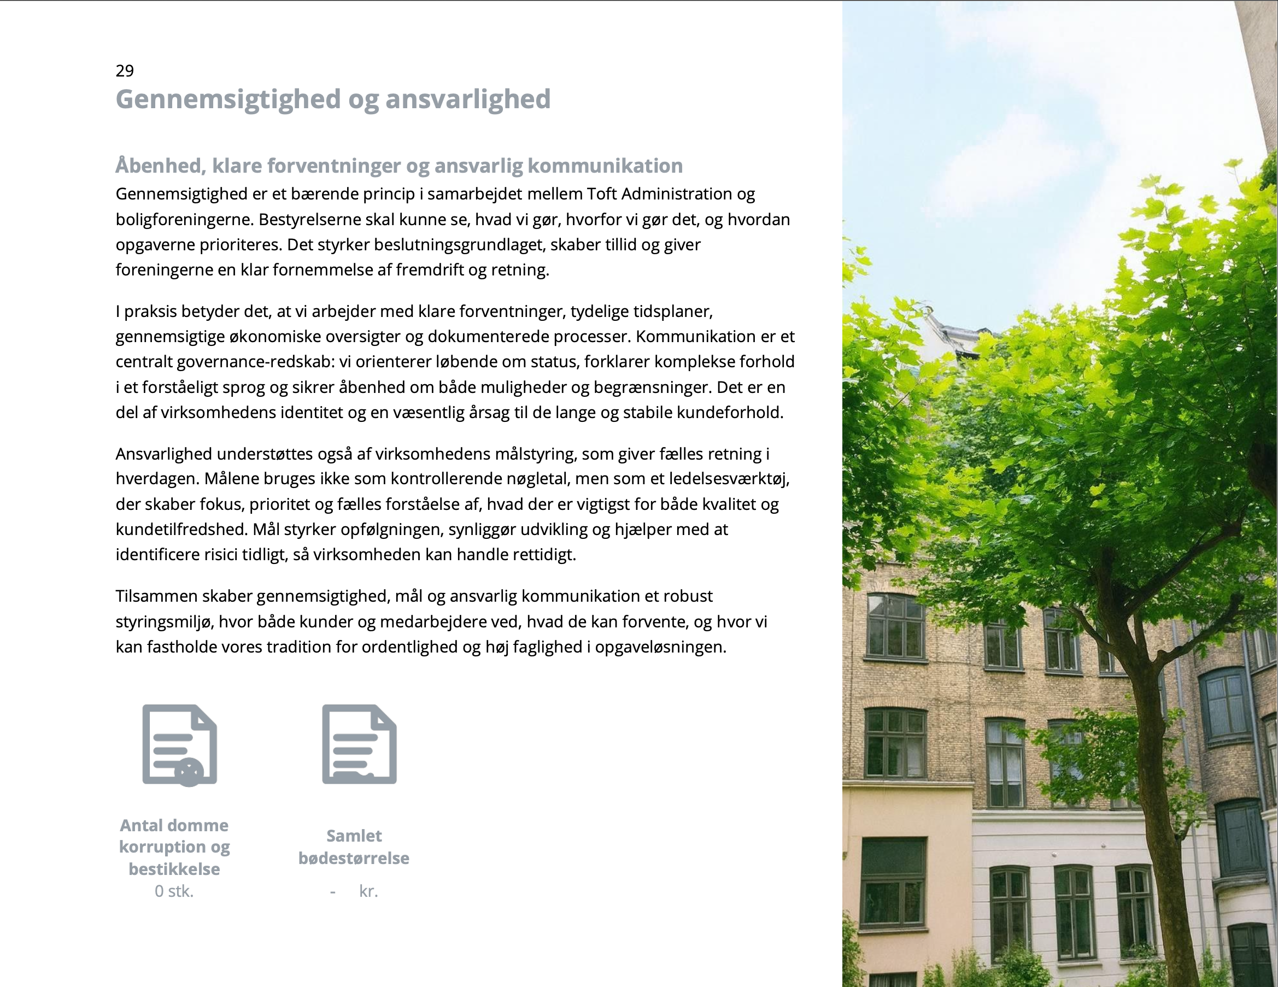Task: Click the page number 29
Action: point(125,71)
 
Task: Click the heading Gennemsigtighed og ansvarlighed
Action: point(333,99)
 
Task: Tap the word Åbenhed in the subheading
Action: point(160,166)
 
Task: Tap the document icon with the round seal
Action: point(180,745)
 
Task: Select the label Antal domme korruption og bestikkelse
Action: point(174,847)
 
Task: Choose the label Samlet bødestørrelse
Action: point(354,847)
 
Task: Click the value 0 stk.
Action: point(174,891)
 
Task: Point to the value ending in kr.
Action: point(367,891)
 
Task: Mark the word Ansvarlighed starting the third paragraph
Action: point(164,454)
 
